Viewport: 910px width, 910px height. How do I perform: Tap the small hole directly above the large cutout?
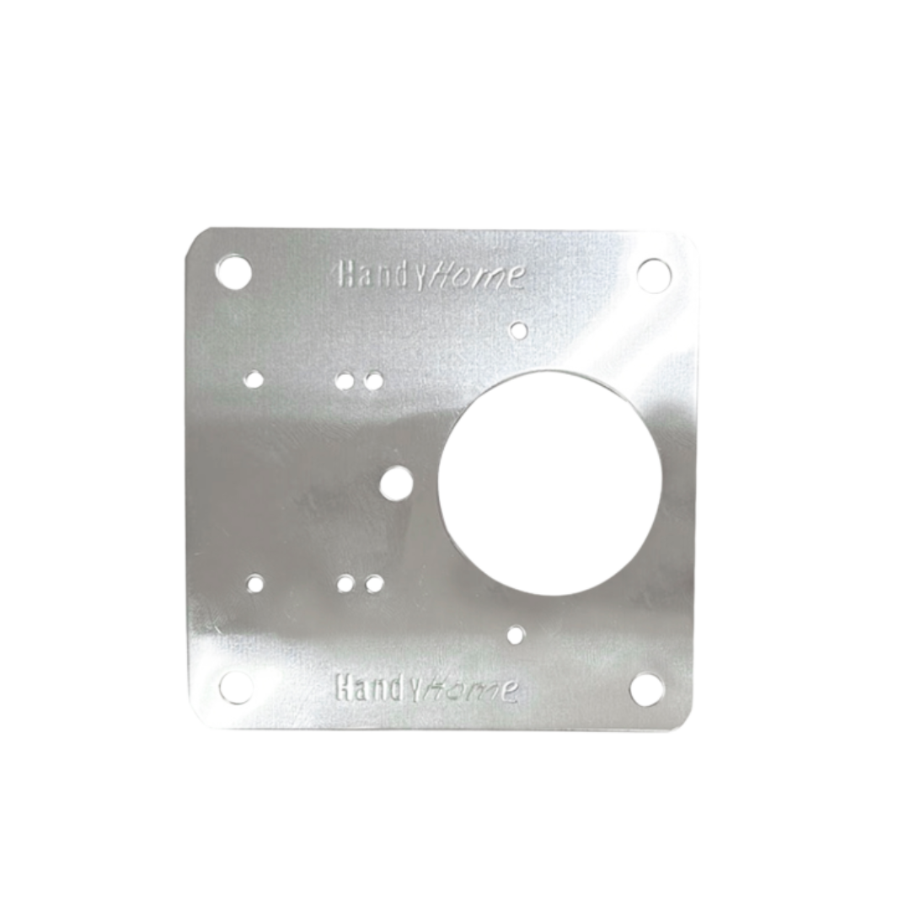[x=520, y=329]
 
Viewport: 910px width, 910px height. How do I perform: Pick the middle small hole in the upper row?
[x=345, y=382]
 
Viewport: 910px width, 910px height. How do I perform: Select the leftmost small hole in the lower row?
[x=255, y=582]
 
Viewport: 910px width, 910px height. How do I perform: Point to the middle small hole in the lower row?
[x=345, y=583]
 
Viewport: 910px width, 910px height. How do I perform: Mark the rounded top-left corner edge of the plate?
[x=199, y=238]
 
